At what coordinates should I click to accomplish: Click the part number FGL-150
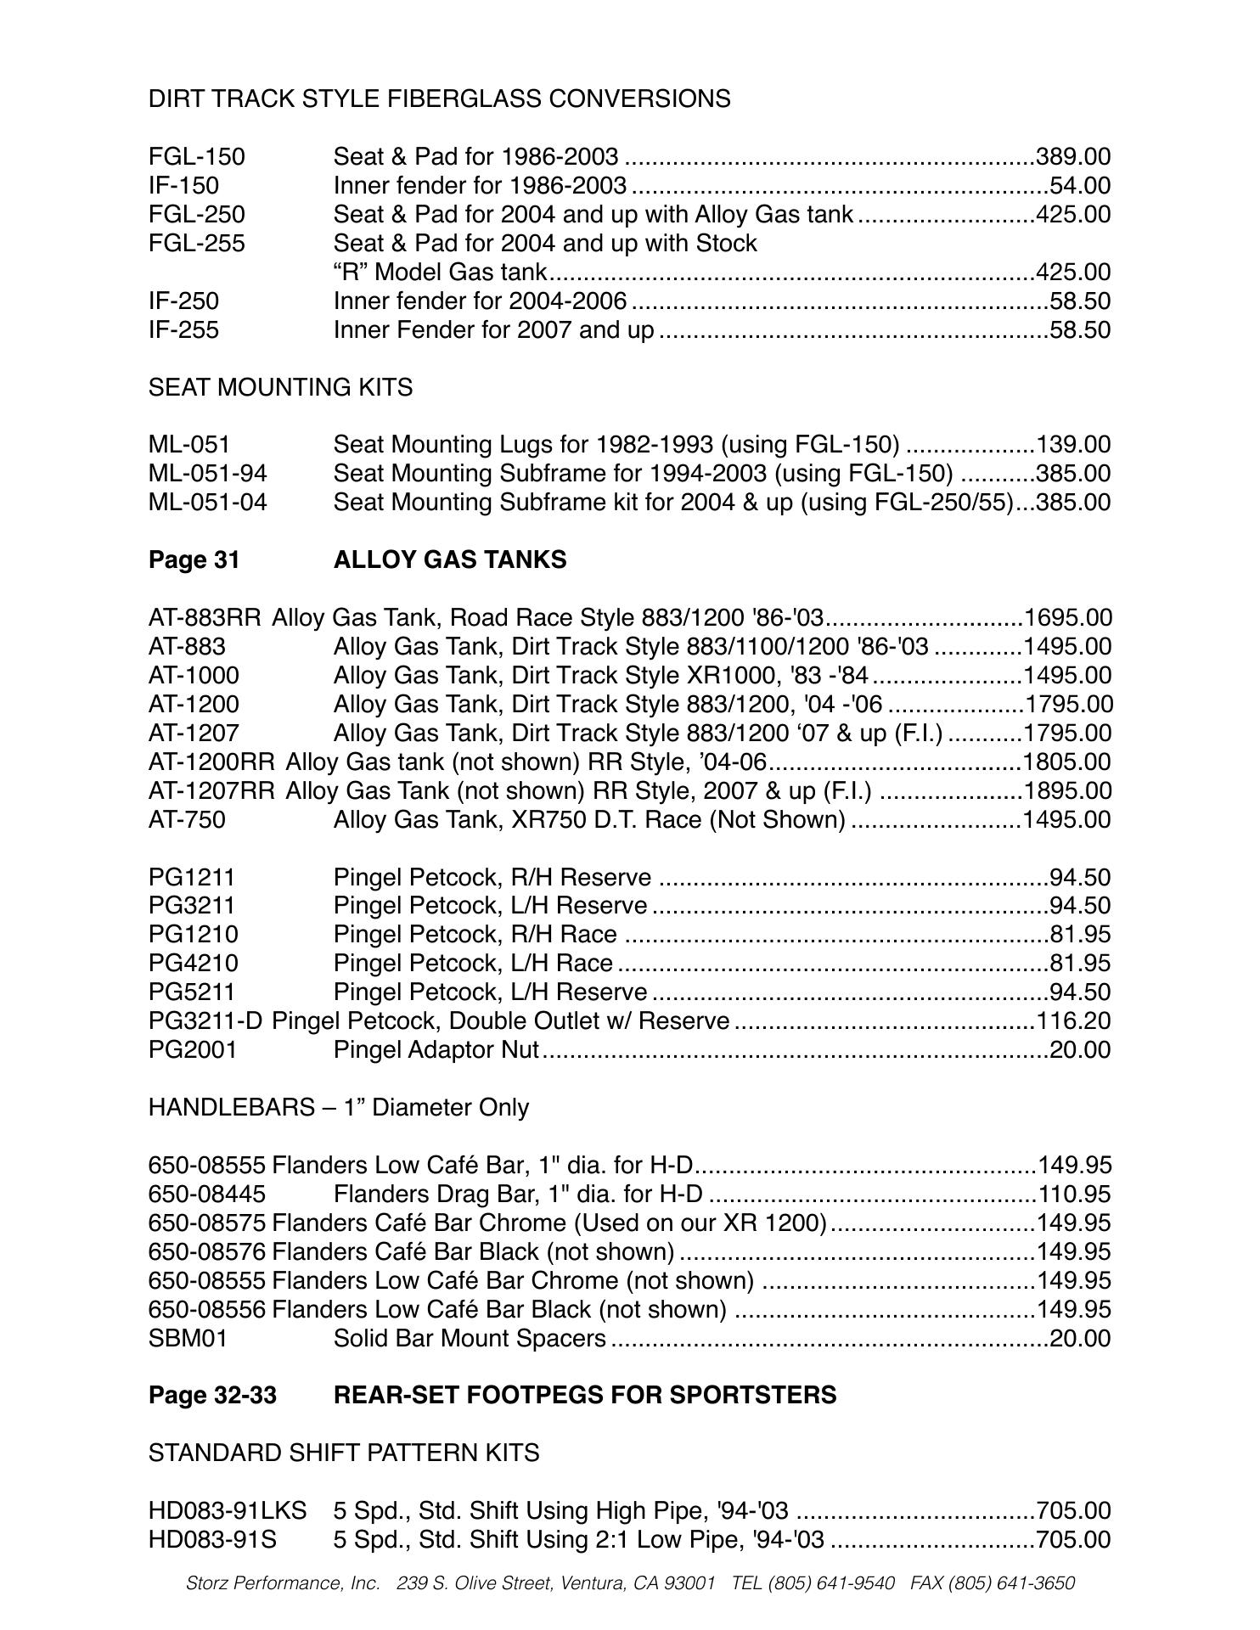(x=196, y=157)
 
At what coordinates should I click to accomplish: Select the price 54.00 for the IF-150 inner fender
(x=1080, y=186)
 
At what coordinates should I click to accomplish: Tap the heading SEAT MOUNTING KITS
(x=280, y=388)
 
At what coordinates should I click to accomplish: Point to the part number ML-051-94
(x=207, y=474)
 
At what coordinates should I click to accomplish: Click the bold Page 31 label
(x=194, y=560)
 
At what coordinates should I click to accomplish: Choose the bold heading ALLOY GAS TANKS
(x=450, y=560)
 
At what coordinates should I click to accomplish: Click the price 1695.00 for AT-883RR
(x=1068, y=618)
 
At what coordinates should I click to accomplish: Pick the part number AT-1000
(x=194, y=676)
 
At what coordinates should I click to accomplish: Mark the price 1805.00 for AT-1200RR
(x=1068, y=762)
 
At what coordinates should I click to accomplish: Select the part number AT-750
(x=187, y=820)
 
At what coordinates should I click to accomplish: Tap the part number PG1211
(x=192, y=878)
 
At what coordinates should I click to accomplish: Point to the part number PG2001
(x=193, y=1050)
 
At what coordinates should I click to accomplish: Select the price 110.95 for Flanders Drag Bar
(x=1074, y=1194)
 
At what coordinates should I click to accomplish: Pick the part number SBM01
(x=188, y=1339)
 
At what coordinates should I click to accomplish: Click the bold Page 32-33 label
(x=212, y=1396)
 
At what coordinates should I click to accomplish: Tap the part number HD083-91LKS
(x=227, y=1511)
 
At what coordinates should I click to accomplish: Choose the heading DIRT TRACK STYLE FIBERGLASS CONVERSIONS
(x=439, y=99)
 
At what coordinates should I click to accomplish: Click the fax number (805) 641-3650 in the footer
(x=1011, y=1583)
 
